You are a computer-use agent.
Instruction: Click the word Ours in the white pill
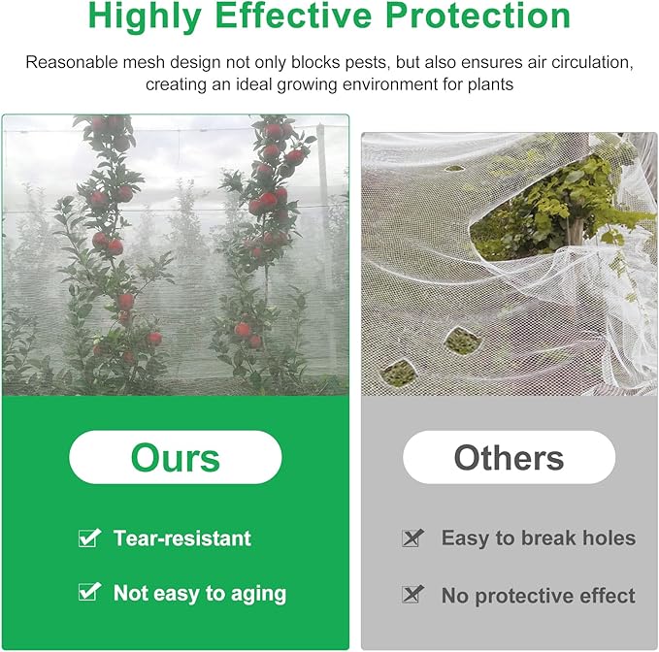coord(176,457)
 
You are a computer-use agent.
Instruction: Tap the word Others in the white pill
coord(509,457)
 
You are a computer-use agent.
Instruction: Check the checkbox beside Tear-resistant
coord(90,538)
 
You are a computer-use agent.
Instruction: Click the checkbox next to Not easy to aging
coord(90,591)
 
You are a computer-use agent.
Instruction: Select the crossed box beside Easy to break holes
coord(413,538)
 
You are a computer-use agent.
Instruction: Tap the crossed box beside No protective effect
coord(413,594)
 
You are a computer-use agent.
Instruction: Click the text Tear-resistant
coord(181,538)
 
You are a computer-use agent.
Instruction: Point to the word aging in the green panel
coord(258,593)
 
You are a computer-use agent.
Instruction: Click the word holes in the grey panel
coord(608,538)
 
